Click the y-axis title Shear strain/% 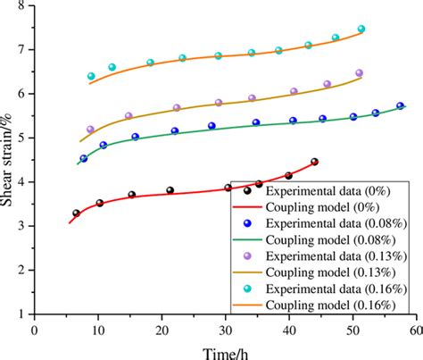[8, 159]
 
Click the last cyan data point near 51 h [361, 29]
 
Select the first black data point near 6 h [76, 213]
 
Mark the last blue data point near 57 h [401, 106]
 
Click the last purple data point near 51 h [360, 73]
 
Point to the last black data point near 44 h [314, 163]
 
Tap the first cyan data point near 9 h [91, 77]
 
